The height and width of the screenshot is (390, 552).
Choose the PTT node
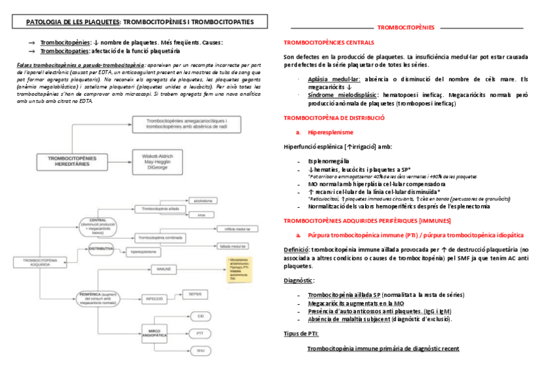click(200, 333)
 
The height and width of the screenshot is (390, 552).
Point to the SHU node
click(200, 351)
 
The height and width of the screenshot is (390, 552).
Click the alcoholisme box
click(200, 201)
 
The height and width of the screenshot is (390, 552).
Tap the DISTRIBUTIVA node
click(100, 249)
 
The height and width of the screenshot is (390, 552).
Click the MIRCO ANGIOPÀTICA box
click(154, 333)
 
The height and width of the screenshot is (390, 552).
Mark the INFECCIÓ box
click(154, 298)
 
